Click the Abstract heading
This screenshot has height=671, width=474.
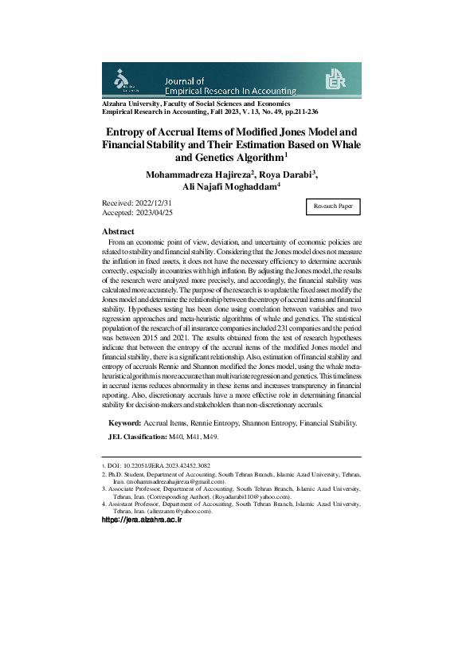(x=123, y=231)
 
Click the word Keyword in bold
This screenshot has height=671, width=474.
(x=125, y=422)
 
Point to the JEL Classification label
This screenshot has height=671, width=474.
(x=136, y=438)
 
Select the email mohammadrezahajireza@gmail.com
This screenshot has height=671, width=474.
(x=171, y=482)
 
